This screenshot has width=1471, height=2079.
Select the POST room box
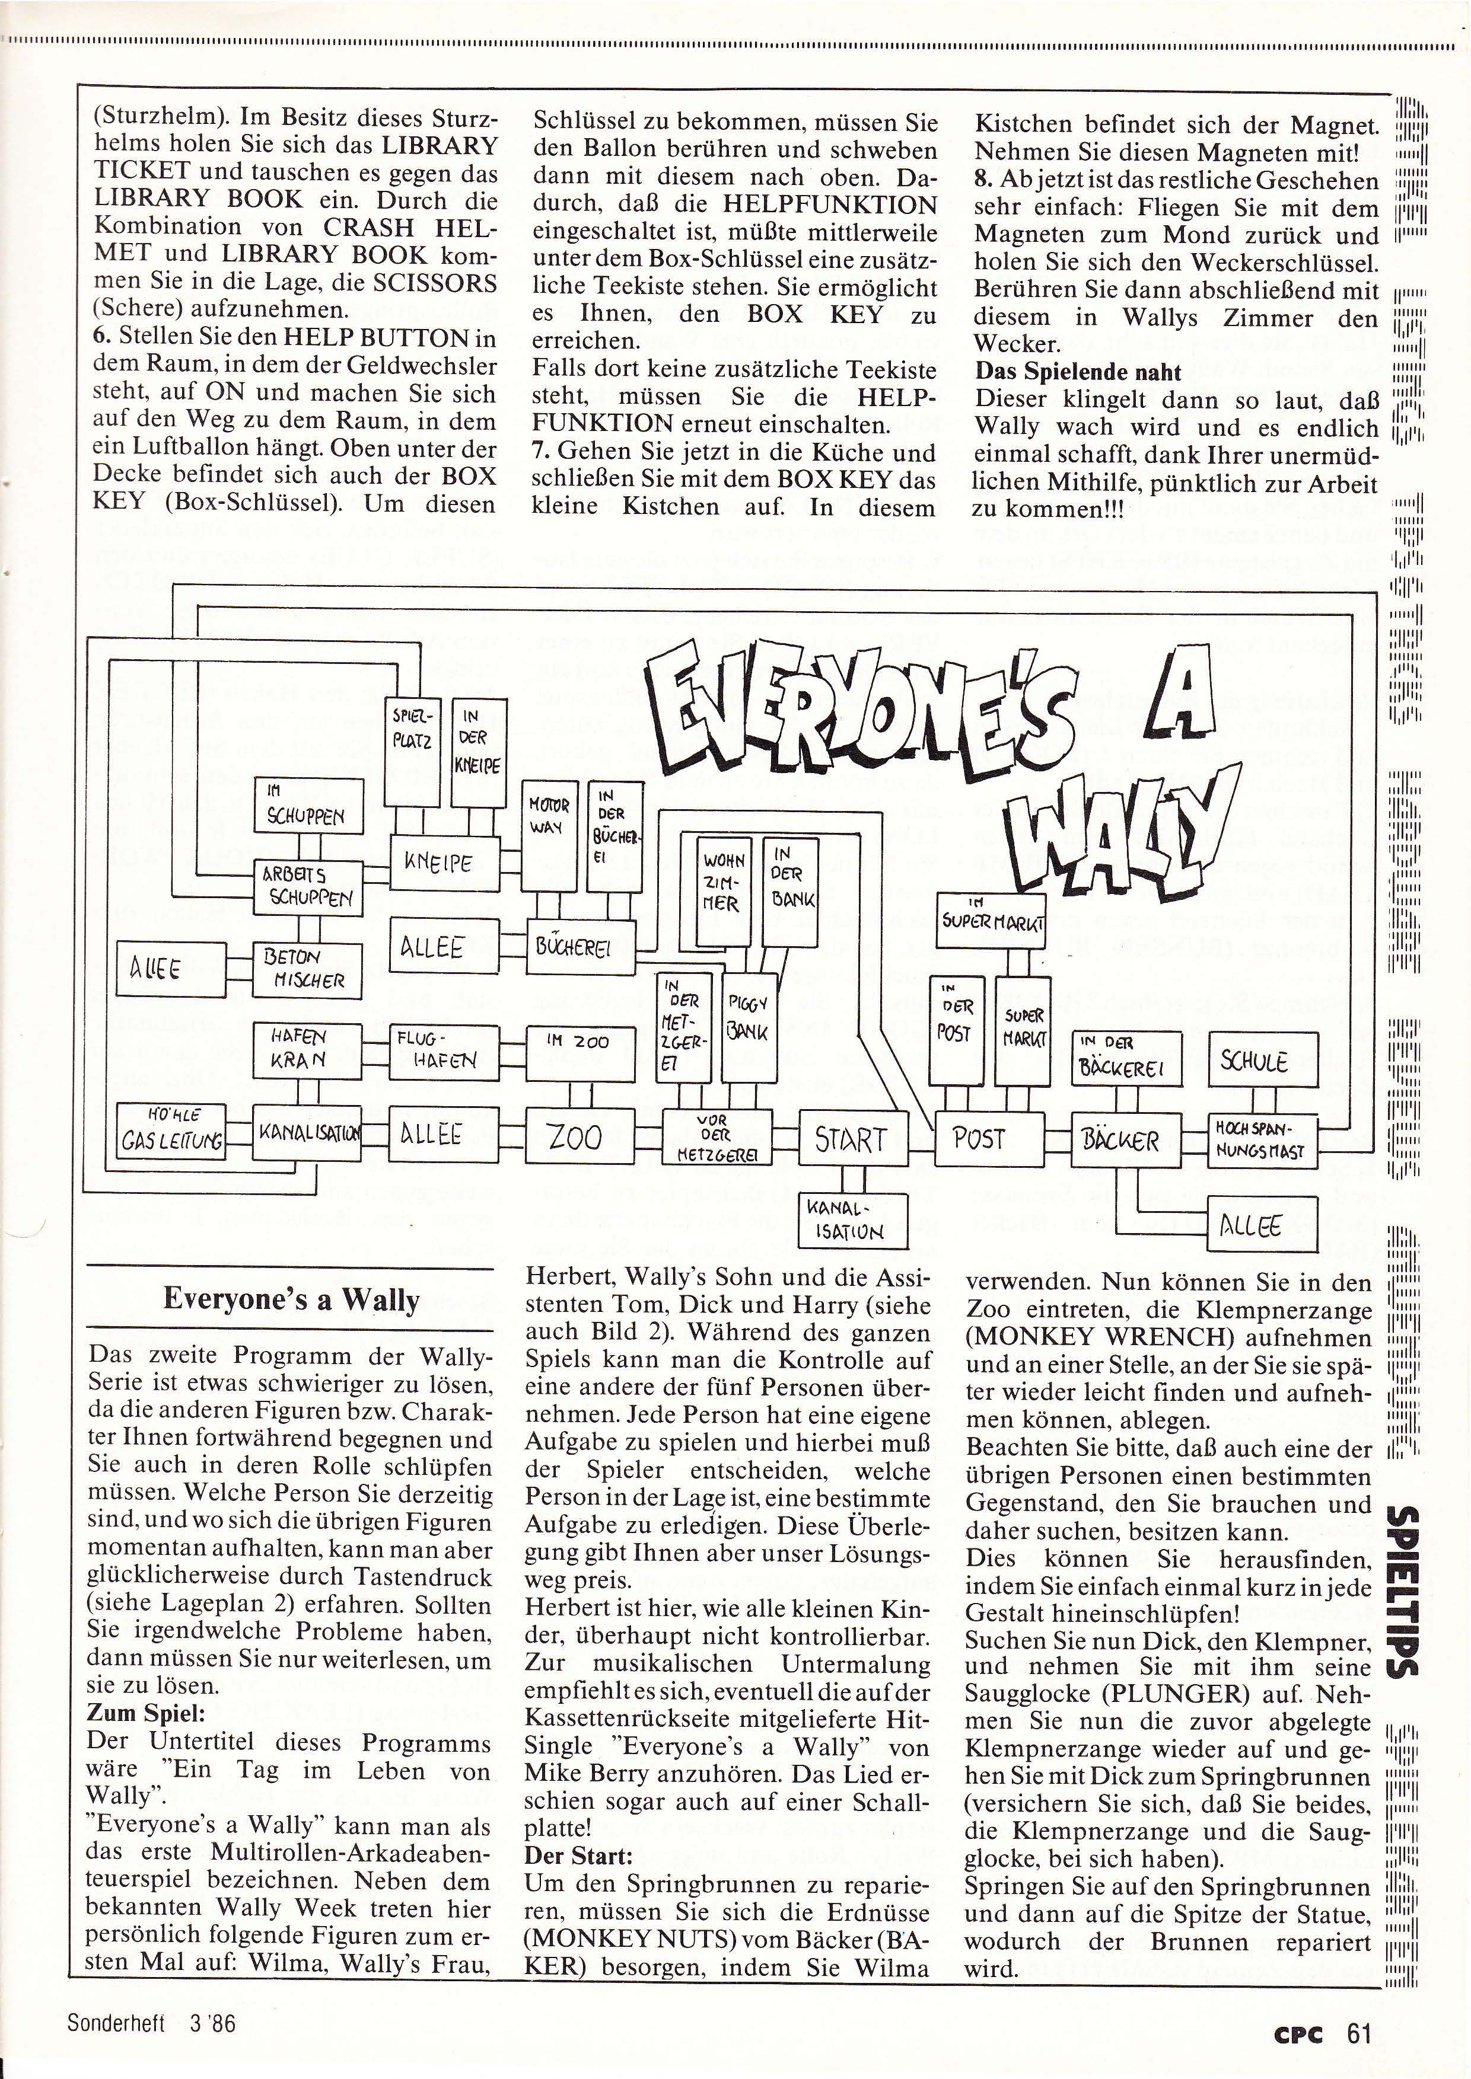pos(989,1138)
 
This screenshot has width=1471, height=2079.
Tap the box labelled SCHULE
pos(1263,1061)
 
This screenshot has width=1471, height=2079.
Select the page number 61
pos(1359,2034)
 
